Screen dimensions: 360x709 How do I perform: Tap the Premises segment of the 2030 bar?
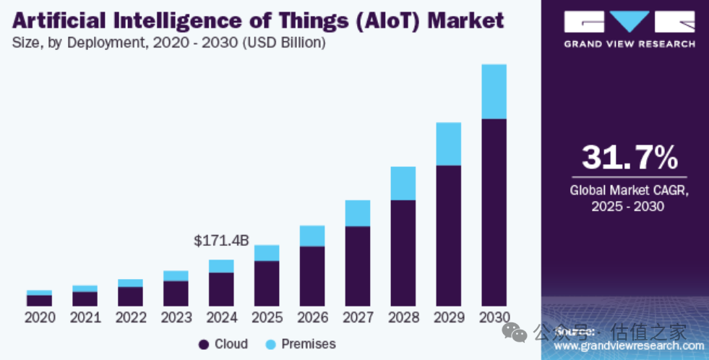pos(494,91)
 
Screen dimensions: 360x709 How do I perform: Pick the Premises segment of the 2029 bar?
pos(448,144)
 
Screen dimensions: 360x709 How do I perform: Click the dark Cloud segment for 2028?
pos(403,252)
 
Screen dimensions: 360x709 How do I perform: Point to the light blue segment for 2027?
pos(357,213)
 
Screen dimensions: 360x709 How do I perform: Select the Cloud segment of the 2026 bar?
pos(312,275)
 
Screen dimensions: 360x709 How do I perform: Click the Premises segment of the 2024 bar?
pos(221,266)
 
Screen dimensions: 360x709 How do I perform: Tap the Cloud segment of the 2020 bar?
pos(39,300)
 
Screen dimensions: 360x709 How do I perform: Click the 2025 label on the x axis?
pos(267,317)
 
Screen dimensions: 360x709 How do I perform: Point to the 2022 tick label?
pos(131,317)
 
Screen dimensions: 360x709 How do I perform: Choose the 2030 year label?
pos(494,317)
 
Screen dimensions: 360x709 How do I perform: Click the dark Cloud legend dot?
pos(204,345)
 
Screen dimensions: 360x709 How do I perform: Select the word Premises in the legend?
pos(309,344)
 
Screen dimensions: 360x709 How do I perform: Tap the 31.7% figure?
pos(629,158)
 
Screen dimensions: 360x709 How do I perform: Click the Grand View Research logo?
pos(629,28)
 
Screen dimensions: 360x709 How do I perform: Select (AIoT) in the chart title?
pos(386,20)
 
